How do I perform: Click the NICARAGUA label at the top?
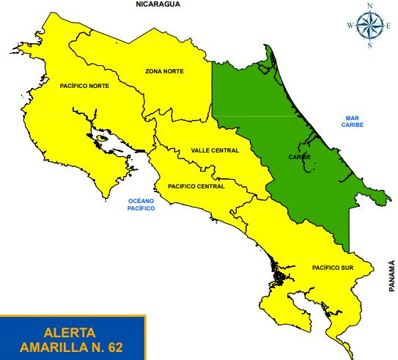[x=158, y=4]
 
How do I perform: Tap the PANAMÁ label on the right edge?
[x=392, y=276]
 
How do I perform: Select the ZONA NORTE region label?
[x=164, y=71]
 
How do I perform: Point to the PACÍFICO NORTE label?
[x=84, y=87]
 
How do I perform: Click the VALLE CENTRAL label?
[x=215, y=150]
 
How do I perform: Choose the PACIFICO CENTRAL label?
[x=196, y=186]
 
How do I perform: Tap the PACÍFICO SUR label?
[x=332, y=268]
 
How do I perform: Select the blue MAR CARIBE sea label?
[x=352, y=122]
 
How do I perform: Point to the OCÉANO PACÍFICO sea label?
[x=141, y=205]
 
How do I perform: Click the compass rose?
[x=370, y=26]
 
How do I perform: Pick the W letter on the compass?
[x=350, y=26]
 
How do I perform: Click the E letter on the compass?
[x=390, y=26]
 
